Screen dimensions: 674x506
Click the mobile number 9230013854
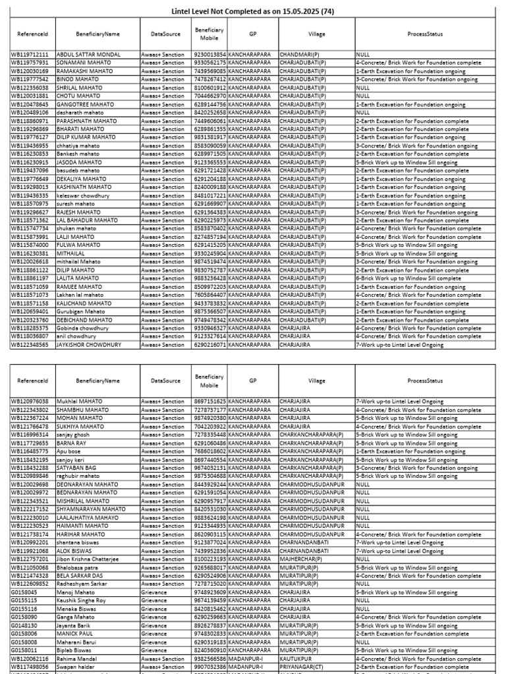tap(210, 54)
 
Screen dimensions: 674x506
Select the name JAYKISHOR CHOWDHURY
tap(89, 344)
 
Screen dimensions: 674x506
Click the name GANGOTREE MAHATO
tap(81, 104)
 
